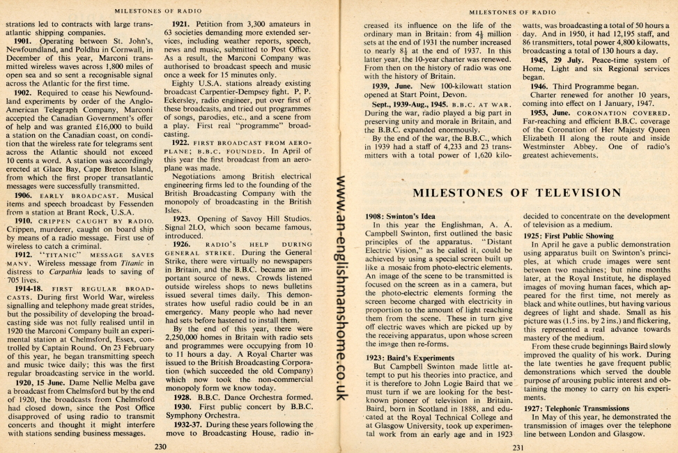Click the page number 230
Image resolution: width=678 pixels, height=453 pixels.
(162, 445)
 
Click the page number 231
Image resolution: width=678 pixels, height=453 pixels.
(517, 446)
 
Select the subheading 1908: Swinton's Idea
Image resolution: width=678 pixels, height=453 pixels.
(400, 216)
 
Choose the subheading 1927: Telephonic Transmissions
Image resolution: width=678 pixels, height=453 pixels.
(577, 408)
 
